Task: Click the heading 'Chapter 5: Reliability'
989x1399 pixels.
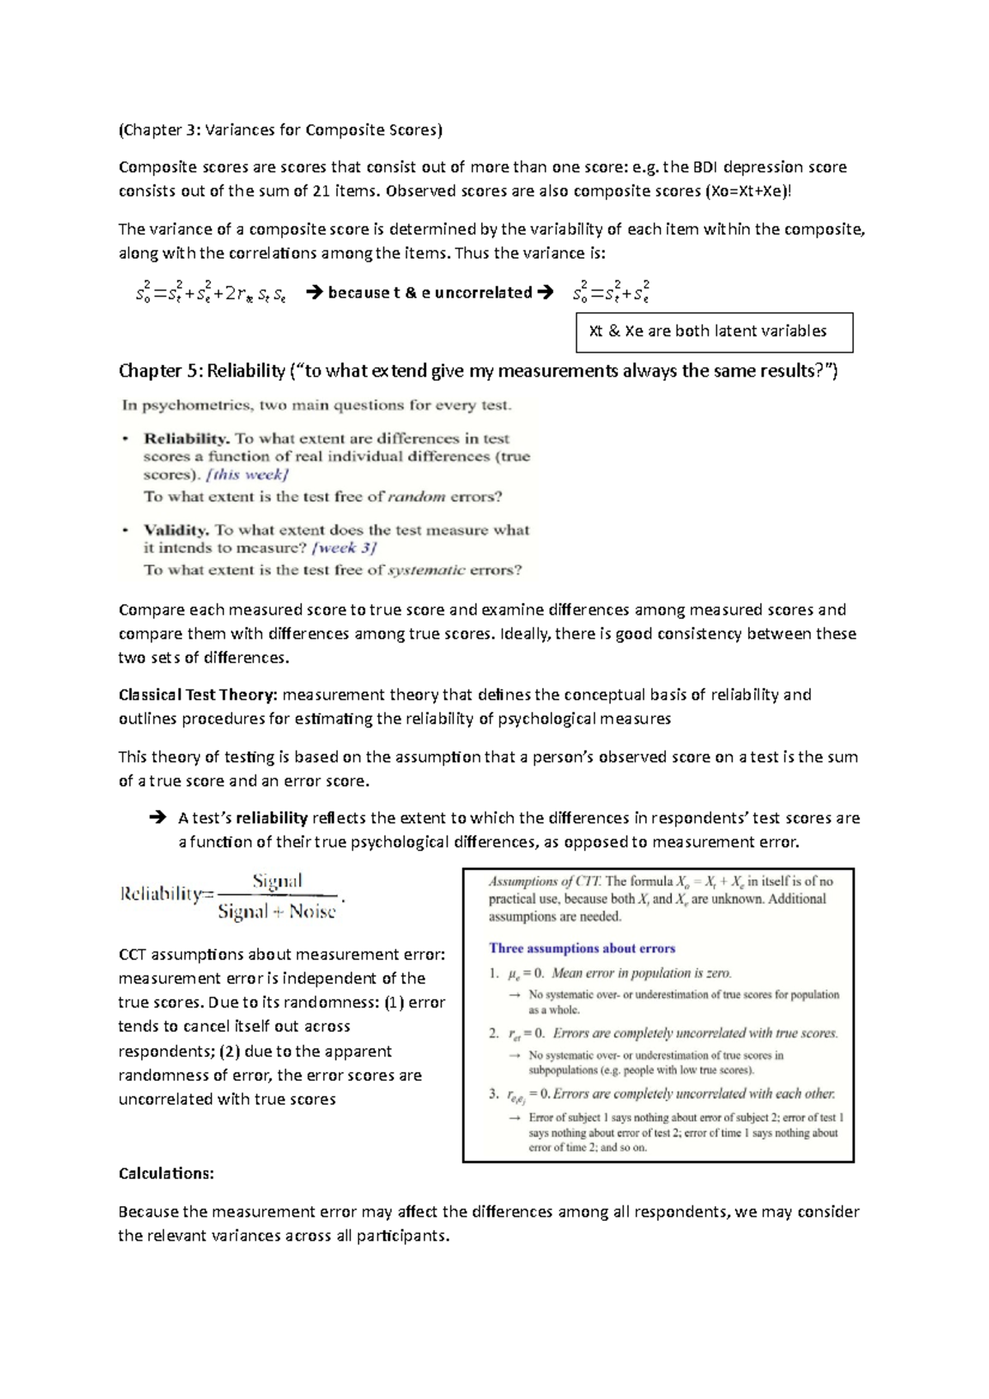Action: [x=202, y=371]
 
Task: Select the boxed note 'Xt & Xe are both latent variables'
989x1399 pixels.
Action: [x=707, y=331]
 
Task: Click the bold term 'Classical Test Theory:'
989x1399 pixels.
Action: [x=198, y=695]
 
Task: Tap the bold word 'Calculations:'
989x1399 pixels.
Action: [x=166, y=1173]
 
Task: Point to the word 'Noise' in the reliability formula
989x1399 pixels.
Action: [x=312, y=912]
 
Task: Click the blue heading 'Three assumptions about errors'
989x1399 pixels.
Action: [x=582, y=948]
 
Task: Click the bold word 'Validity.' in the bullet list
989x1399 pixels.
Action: [x=176, y=530]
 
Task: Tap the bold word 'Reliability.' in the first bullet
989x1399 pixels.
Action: [x=186, y=438]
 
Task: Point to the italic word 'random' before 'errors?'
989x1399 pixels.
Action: [x=416, y=497]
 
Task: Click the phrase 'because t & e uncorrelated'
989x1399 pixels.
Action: [x=429, y=292]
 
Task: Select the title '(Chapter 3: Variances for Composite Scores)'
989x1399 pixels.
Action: [x=280, y=129]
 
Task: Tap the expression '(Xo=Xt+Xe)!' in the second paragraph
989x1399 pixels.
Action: [x=748, y=191]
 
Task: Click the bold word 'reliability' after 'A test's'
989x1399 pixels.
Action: [x=271, y=818]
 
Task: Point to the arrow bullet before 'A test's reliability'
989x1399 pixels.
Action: [x=157, y=817]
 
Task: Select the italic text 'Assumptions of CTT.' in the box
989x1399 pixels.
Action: [x=545, y=882]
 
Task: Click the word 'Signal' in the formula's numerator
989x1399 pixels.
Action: [x=277, y=881]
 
